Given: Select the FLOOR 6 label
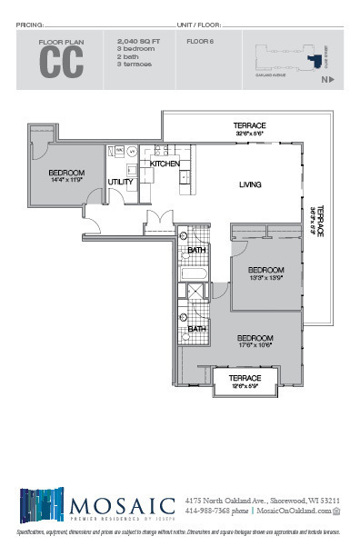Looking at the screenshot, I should (x=200, y=42).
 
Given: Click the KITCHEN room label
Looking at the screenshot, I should (x=165, y=164).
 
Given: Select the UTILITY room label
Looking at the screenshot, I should (x=121, y=182).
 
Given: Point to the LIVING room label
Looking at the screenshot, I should (x=250, y=184).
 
